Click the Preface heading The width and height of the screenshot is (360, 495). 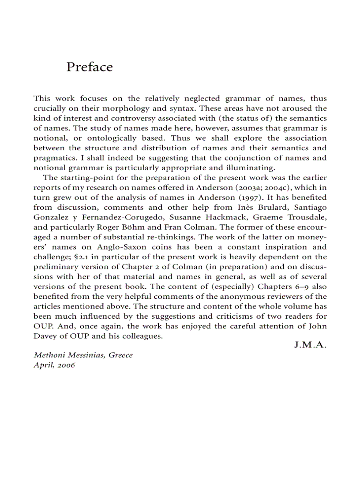pyautogui.click(x=90, y=67)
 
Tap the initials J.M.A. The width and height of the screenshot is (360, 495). pyautogui.click(x=310, y=345)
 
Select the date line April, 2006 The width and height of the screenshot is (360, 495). pyautogui.click(x=54, y=365)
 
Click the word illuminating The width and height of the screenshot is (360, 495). pyautogui.click(x=251, y=167)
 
